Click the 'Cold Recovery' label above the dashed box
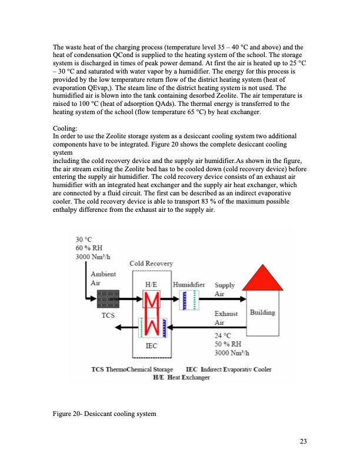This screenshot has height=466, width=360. pos(151,264)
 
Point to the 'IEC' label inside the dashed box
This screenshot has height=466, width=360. pos(151,346)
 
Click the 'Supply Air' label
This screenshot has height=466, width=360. pos(225,289)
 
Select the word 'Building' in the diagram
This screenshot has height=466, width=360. pos(262,312)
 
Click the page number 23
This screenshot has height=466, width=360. pos(304,442)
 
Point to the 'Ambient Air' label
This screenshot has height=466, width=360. pos(103,278)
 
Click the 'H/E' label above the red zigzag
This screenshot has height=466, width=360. pos(151,285)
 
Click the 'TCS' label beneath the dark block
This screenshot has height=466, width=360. pos(107,315)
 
